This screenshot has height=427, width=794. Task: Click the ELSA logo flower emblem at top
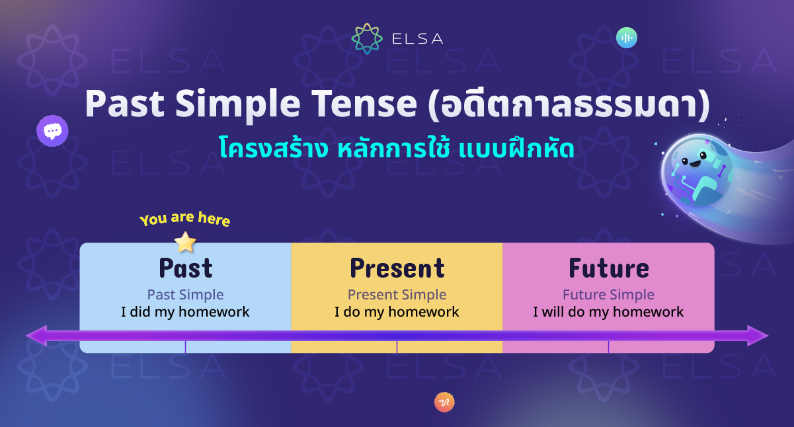click(367, 38)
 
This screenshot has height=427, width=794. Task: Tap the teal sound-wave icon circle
click(626, 38)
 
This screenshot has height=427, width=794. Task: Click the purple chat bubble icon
click(52, 131)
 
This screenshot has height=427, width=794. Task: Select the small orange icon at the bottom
click(444, 402)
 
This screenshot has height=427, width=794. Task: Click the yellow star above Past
click(185, 242)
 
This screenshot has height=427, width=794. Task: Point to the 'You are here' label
click(184, 219)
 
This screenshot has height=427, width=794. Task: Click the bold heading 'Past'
click(185, 268)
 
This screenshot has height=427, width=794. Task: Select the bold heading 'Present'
click(397, 268)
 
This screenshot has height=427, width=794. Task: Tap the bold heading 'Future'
click(608, 268)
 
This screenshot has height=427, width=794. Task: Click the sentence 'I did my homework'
click(185, 312)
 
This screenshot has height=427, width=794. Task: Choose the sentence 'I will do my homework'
click(608, 312)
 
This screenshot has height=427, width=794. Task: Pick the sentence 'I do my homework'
click(397, 312)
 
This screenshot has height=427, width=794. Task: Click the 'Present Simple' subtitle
click(397, 295)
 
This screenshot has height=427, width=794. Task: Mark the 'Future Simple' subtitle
click(608, 295)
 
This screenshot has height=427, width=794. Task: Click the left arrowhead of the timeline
click(36, 335)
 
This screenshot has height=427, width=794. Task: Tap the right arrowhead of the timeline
click(758, 335)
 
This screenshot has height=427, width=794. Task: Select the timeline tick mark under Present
click(397, 346)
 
